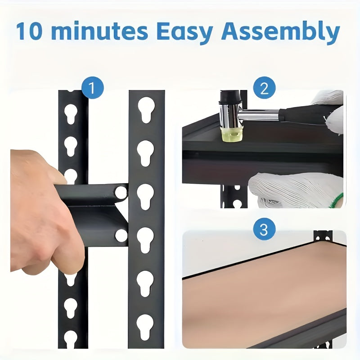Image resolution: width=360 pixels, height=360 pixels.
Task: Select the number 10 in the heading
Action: pos(30,31)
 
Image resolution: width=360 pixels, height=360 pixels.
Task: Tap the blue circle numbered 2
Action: pos(264,88)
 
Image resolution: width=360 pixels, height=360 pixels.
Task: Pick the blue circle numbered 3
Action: pos(264,230)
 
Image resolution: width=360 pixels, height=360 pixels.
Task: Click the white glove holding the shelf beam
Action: pos(292,189)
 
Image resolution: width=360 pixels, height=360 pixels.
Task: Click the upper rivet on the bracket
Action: pos(121,193)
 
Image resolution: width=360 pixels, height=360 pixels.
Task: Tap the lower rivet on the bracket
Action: pos(121,235)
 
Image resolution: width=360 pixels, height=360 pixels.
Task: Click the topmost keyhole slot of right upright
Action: pos(146,109)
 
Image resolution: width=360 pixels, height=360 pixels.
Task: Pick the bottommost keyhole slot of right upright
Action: pos(145,327)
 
